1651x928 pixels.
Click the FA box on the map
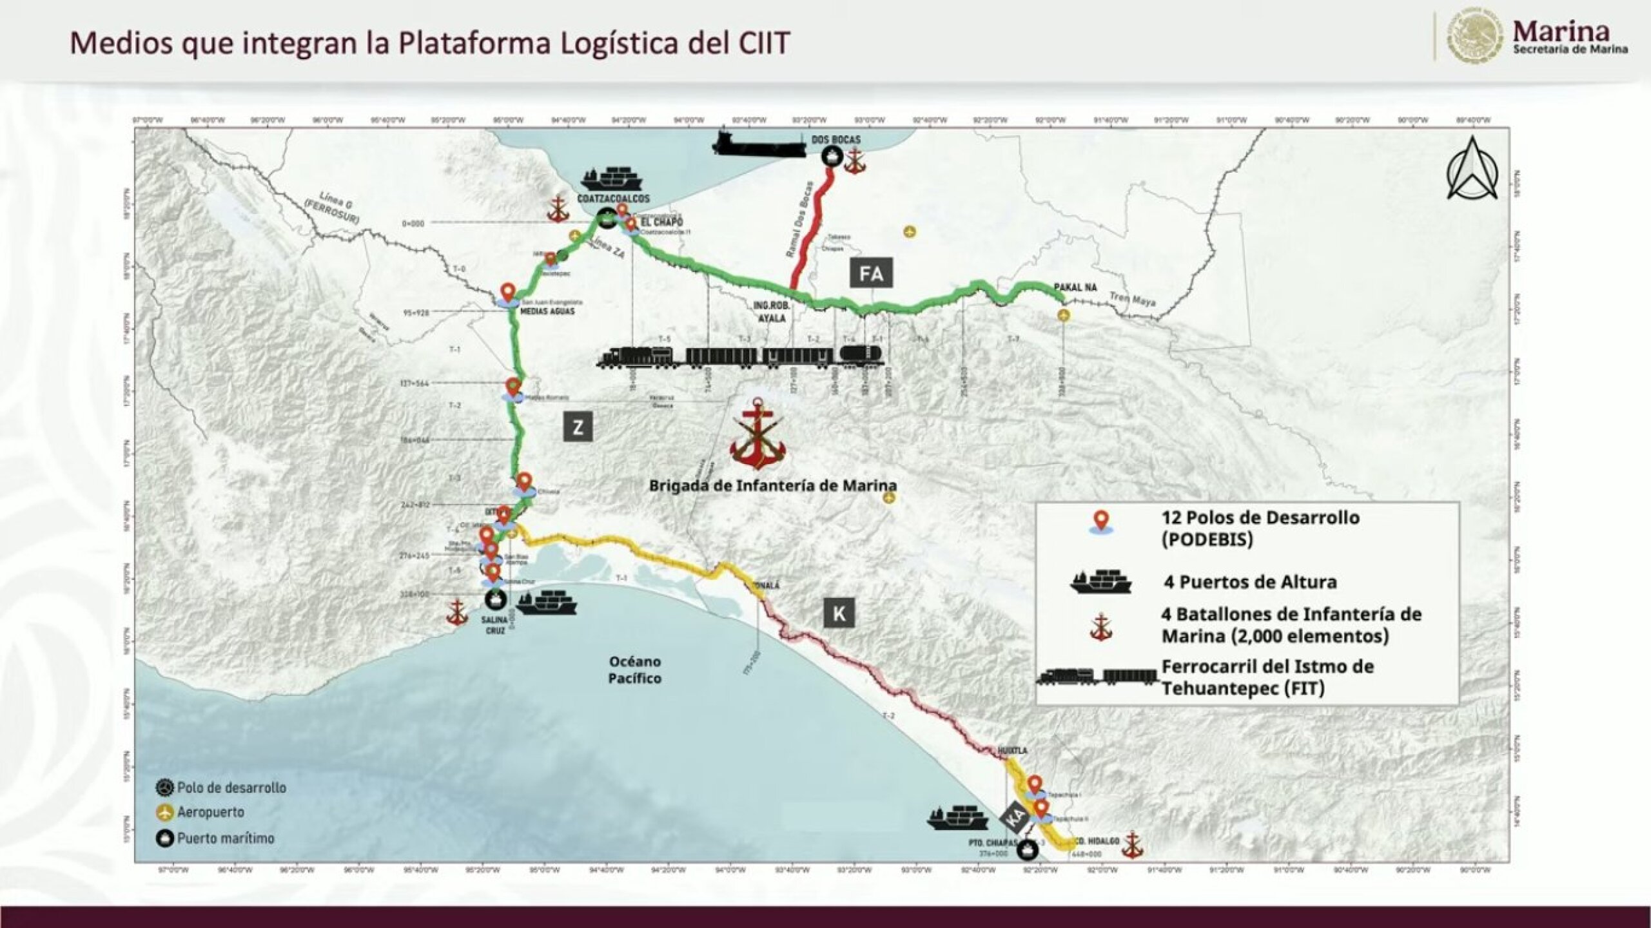871,273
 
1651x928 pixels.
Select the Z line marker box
578,427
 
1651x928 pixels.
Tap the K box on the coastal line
839,614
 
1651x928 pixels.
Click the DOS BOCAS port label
835,139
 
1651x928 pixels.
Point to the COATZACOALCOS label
613,199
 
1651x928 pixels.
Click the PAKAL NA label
1075,287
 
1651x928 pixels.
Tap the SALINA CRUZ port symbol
495,599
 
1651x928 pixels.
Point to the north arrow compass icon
1472,169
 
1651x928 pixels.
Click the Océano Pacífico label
634,670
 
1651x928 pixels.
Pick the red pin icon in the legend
1101,521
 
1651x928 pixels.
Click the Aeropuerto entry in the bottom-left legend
210,812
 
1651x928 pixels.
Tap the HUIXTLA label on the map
1012,751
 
